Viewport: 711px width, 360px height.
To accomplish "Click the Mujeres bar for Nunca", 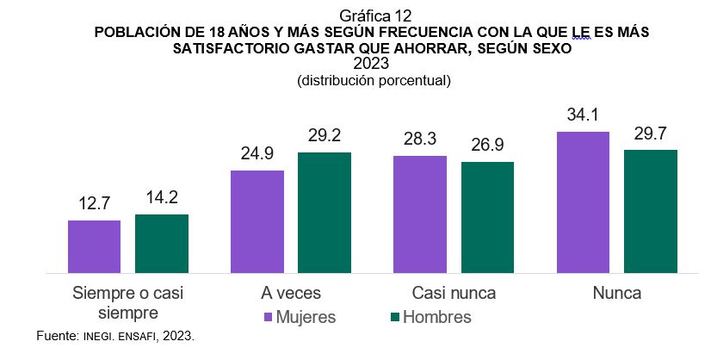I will coord(583,202).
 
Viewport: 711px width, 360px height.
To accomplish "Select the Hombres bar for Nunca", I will coord(651,212).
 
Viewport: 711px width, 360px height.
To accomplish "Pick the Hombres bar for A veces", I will coord(325,213).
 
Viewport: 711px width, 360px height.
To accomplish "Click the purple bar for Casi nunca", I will coord(420,214).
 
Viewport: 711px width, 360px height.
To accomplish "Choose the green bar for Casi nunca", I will coord(487,218).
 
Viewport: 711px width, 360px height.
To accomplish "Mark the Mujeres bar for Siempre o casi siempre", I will coord(95,247).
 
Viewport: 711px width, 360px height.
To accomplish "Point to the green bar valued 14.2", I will coord(162,244).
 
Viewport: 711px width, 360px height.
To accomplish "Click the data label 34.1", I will coord(583,115).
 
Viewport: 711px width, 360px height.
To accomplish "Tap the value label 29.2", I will coord(325,135).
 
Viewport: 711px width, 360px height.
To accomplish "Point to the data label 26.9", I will coord(487,145).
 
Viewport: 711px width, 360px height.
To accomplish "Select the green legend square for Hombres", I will coord(395,317).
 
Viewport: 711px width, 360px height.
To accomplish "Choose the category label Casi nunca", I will coord(454,293).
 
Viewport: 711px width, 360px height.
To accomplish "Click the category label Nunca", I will coord(616,293).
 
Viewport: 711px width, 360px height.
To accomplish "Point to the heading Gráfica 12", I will coord(355,15).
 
